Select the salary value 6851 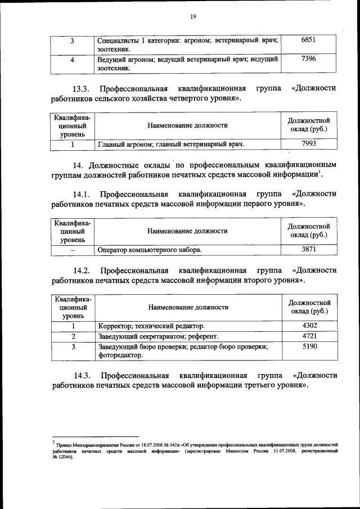click(309, 40)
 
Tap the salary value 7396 click(309, 58)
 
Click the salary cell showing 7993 click(309, 144)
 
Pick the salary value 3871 click(309, 249)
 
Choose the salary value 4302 click(309, 326)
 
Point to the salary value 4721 click(309, 336)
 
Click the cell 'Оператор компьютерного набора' click(148, 250)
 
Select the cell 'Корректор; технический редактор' click(151, 326)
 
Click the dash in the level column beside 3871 click(71, 250)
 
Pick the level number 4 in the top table click(71, 59)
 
